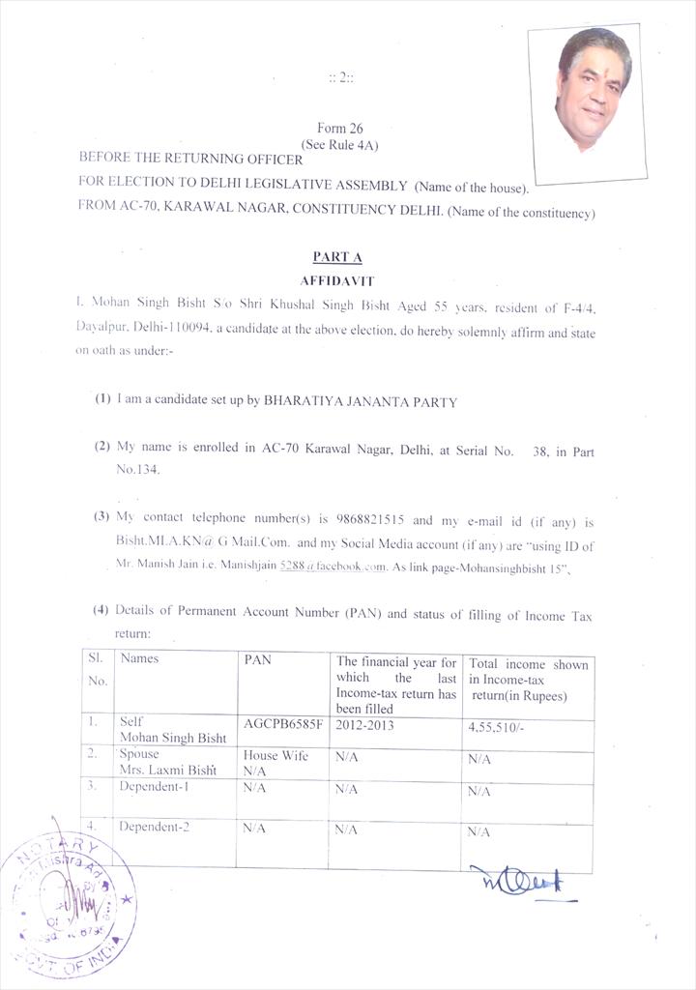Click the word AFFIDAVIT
[336, 279]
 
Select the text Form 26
[339, 128]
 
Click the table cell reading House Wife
[275, 755]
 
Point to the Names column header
[139, 658]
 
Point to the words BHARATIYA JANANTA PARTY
[360, 401]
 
